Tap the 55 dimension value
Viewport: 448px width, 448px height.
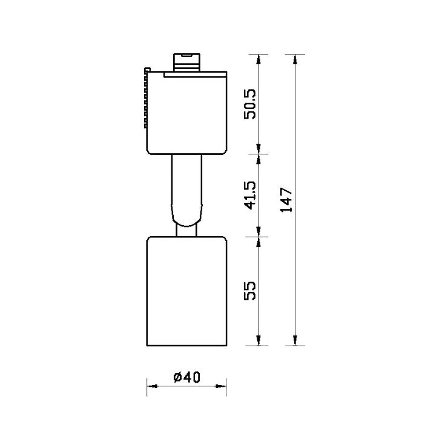pyautogui.click(x=251, y=291)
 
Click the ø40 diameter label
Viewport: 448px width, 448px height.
pyautogui.click(x=186, y=377)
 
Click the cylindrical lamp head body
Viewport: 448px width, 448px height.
pyautogui.click(x=186, y=291)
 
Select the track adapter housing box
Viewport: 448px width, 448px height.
pyautogui.click(x=186, y=112)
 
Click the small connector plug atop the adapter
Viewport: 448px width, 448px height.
pyautogui.click(x=186, y=61)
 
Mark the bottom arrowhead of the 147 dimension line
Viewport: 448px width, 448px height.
pyautogui.click(x=295, y=341)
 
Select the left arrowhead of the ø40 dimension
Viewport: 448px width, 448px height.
pyautogui.click(x=151, y=385)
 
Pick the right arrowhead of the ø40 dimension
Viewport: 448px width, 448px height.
pyautogui.click(x=222, y=385)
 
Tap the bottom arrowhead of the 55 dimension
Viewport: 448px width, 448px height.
pyautogui.click(x=259, y=341)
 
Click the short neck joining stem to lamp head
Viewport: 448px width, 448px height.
pyautogui.click(x=186, y=230)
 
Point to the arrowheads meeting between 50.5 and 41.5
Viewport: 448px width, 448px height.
pyautogui.click(x=259, y=154)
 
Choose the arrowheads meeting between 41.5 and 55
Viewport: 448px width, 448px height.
pyautogui.click(x=259, y=236)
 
